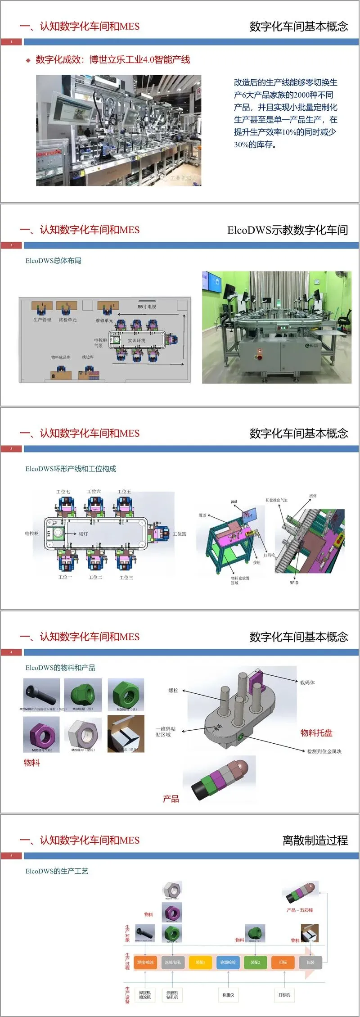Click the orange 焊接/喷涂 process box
[145, 962]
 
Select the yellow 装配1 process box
[200, 962]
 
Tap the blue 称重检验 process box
[228, 962]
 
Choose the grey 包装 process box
[310, 962]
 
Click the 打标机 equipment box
[284, 994]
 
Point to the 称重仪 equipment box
[228, 994]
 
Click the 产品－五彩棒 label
[300, 910]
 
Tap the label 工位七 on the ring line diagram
[63, 492]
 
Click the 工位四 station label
[180, 534]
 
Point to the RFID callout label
[294, 583]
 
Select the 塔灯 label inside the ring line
[83, 534]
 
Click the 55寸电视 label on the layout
[147, 307]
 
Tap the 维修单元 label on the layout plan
[104, 321]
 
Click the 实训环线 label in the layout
[136, 340]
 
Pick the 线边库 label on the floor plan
[88, 357]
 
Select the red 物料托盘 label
[316, 733]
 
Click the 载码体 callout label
[307, 683]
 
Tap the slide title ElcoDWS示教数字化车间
[288, 230]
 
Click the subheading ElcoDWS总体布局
[54, 261]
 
